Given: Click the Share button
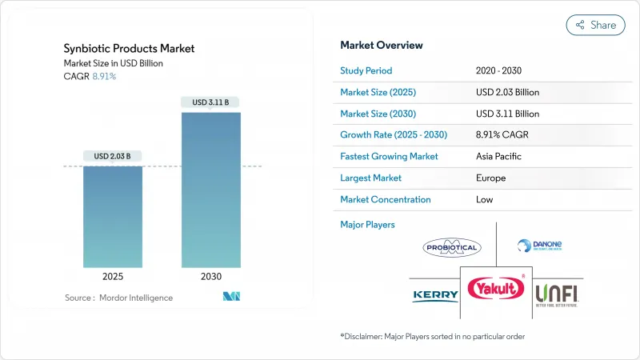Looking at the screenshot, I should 596,25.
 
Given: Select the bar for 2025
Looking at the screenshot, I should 113,216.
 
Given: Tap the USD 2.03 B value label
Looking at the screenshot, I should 113,156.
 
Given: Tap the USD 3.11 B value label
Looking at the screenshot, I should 211,102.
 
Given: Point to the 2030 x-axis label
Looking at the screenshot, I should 211,276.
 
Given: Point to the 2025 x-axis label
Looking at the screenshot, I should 113,276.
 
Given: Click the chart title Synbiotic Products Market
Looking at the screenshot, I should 128,49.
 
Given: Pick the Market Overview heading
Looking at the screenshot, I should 382,45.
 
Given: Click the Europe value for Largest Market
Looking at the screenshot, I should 490,178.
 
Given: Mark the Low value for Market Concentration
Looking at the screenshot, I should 485,199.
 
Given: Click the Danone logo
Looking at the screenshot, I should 535,246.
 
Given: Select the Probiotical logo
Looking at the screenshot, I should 452,248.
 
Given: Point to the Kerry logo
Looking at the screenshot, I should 435,295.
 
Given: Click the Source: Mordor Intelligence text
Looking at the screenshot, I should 119,298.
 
